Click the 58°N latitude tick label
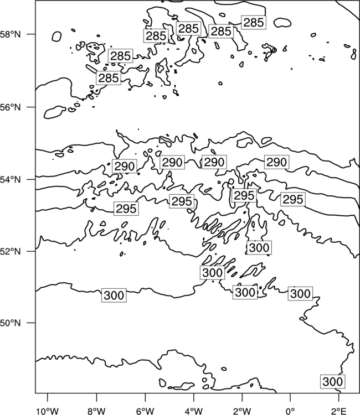click(x=10, y=34)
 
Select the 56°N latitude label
click(x=10, y=107)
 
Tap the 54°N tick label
click(x=10, y=180)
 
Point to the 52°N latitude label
click(x=10, y=251)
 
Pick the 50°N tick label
click(x=10, y=323)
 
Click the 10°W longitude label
click(x=48, y=411)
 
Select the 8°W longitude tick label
click(x=96, y=411)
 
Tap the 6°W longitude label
click(x=145, y=411)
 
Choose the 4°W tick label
click(x=194, y=411)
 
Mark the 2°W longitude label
click(x=242, y=411)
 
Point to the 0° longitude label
click(x=291, y=411)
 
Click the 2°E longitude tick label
click(x=339, y=411)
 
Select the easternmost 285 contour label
click(x=254, y=23)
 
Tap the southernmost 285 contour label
click(x=109, y=78)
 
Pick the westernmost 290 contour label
click(x=125, y=166)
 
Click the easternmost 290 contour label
click(x=276, y=162)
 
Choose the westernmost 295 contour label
click(x=126, y=209)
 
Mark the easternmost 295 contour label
click(x=293, y=199)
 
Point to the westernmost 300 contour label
click(x=114, y=295)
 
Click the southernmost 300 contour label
click(x=333, y=382)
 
